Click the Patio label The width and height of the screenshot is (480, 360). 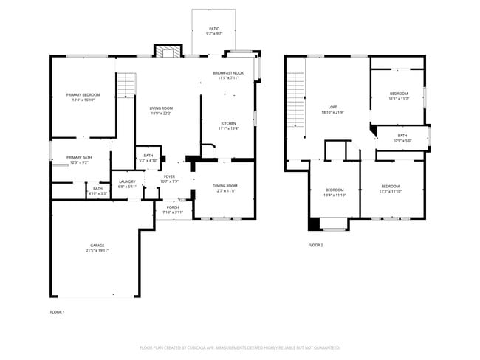coord(213,31)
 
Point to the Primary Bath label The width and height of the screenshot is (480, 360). coord(78,159)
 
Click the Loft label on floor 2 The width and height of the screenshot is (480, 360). coord(332,110)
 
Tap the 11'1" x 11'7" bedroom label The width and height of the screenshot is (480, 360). coord(399,96)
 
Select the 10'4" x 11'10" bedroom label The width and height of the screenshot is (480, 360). coord(335,193)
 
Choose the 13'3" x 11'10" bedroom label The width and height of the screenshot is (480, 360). coord(391,188)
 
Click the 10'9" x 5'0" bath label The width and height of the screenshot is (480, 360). coord(402,138)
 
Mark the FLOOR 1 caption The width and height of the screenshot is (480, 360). coord(57,312)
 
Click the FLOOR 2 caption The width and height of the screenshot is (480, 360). coord(315,245)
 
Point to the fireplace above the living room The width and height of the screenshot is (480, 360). coord(167,51)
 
